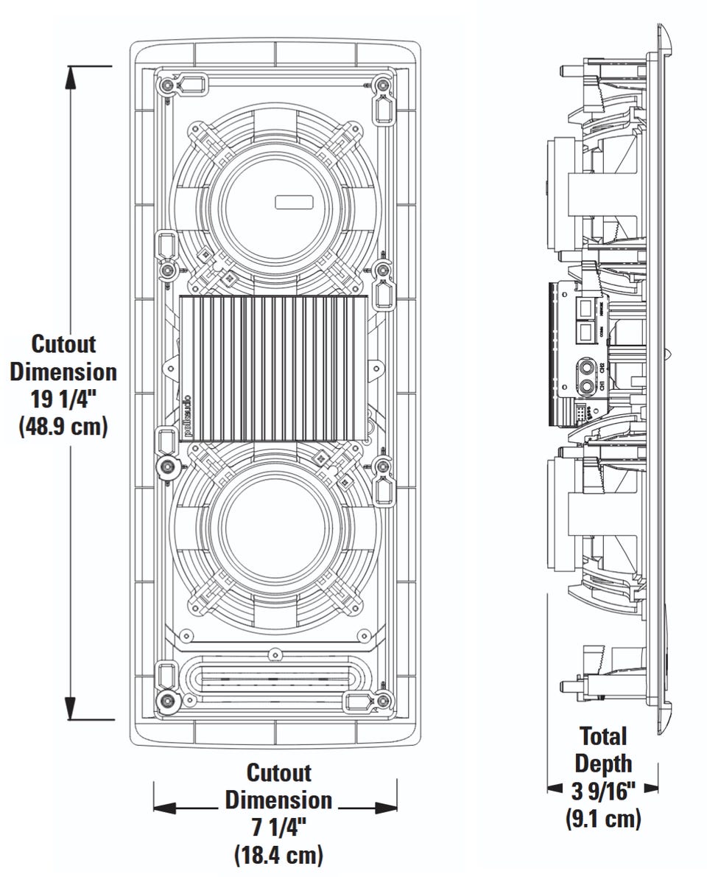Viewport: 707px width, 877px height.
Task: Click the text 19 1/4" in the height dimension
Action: [x=63, y=399]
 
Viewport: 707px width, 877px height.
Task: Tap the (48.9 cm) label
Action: [x=63, y=427]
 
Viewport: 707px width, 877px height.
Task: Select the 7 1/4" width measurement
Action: [x=278, y=827]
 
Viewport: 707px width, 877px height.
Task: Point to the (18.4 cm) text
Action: [x=278, y=855]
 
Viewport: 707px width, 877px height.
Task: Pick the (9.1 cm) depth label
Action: [x=603, y=818]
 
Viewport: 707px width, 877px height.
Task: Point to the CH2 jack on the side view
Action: [x=588, y=364]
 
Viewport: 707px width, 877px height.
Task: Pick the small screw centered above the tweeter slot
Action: [x=274, y=653]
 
